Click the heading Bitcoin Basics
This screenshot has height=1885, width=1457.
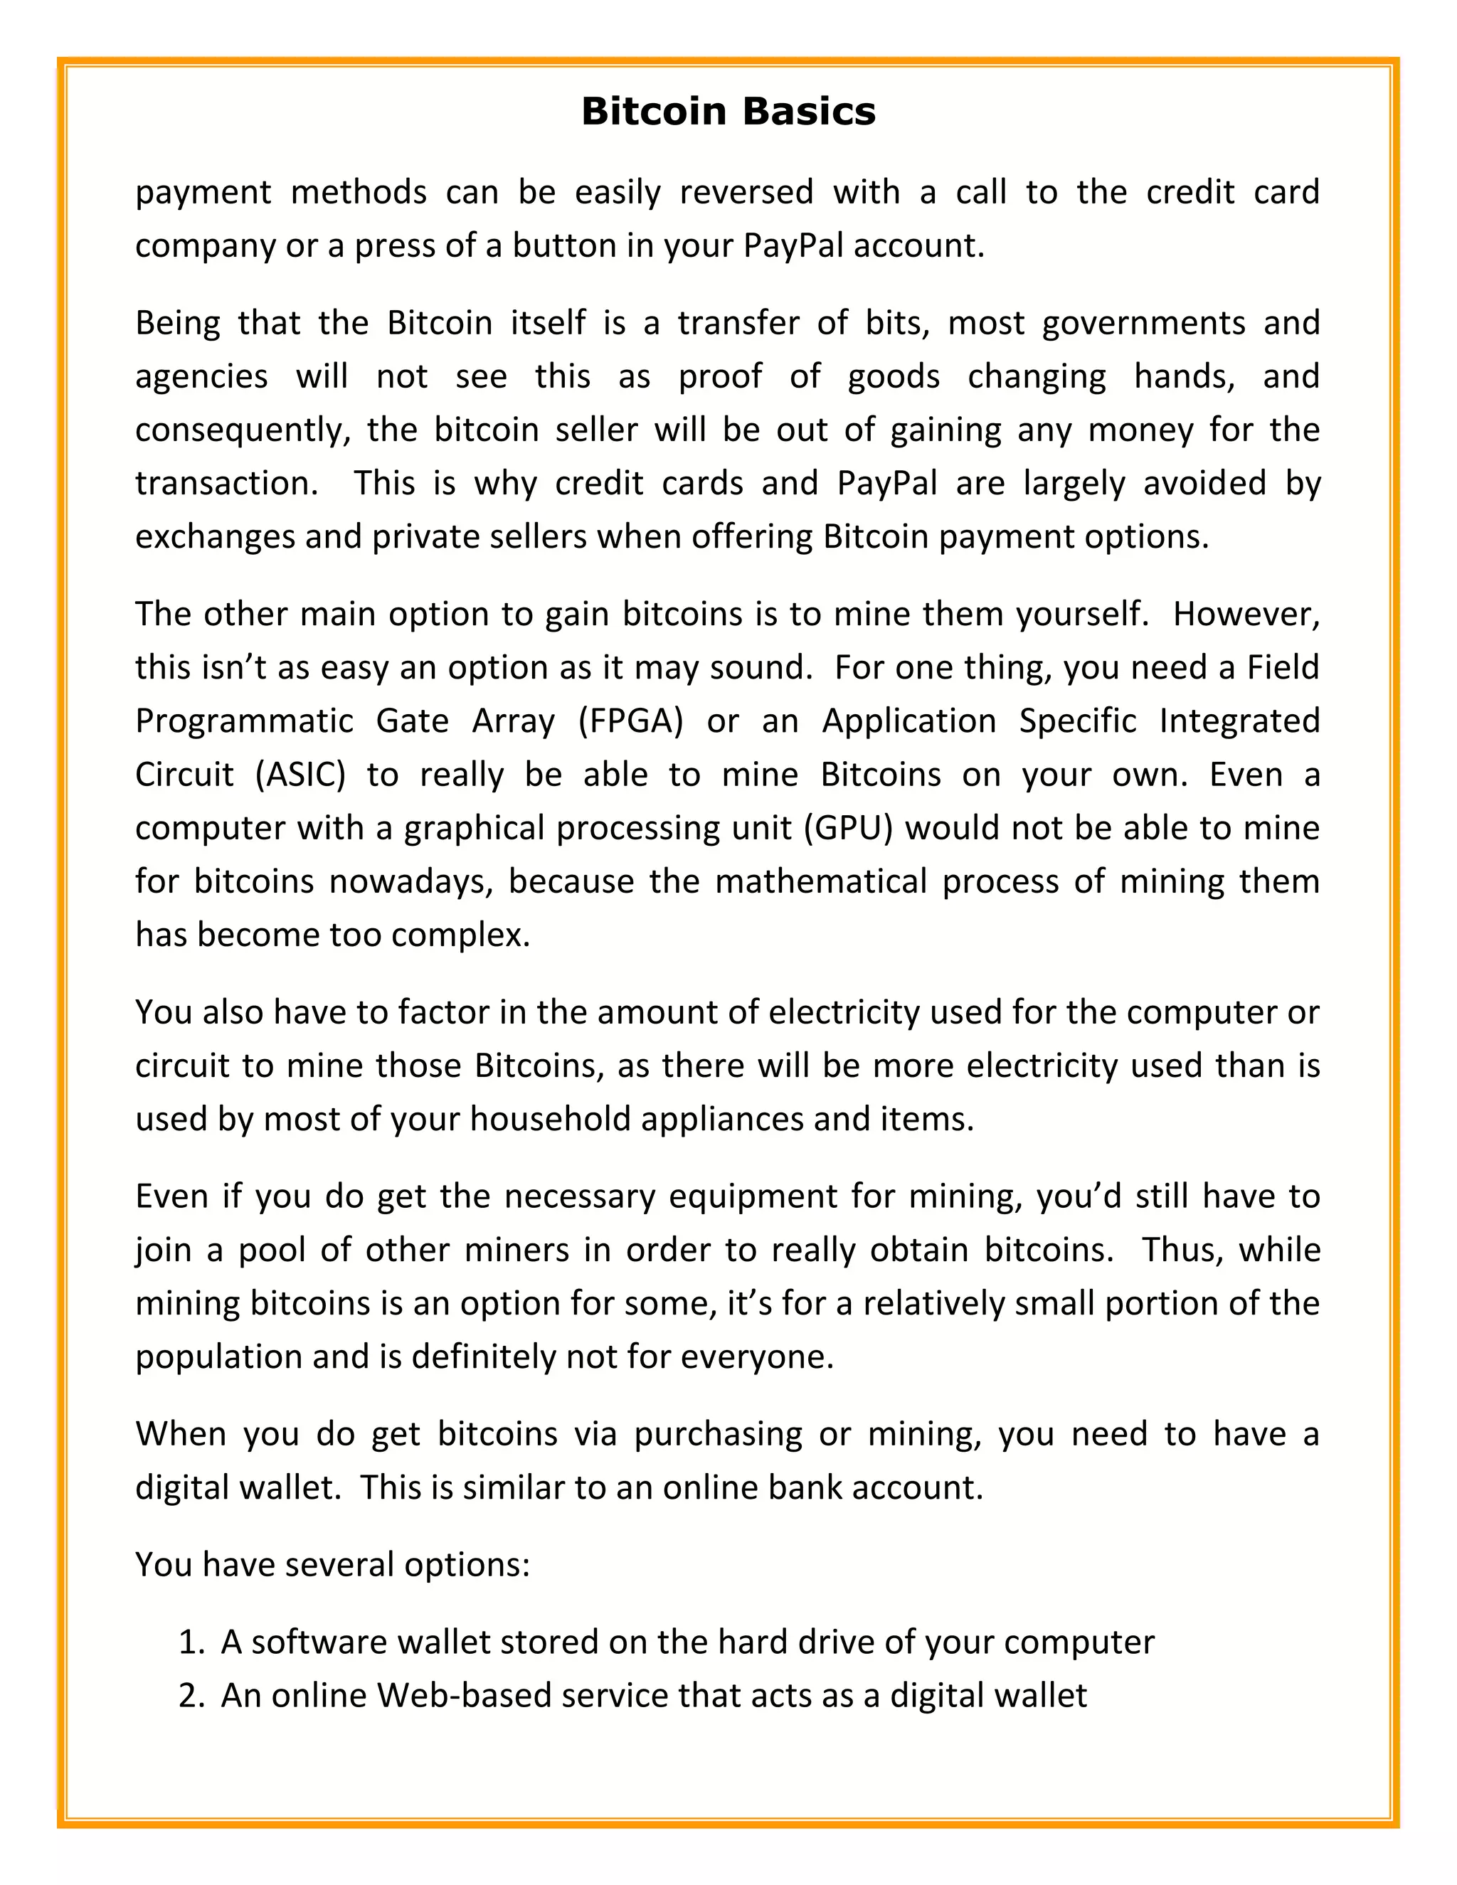pos(728,112)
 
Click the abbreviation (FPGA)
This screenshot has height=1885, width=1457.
pos(630,721)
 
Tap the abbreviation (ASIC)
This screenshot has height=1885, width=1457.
pos(300,774)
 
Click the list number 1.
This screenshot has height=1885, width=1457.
pos(190,1642)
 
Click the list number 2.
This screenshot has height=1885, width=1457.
pos(190,1695)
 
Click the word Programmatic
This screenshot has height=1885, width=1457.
pos(244,721)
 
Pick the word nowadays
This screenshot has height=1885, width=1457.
pos(409,881)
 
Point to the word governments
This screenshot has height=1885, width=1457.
pos(1143,323)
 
